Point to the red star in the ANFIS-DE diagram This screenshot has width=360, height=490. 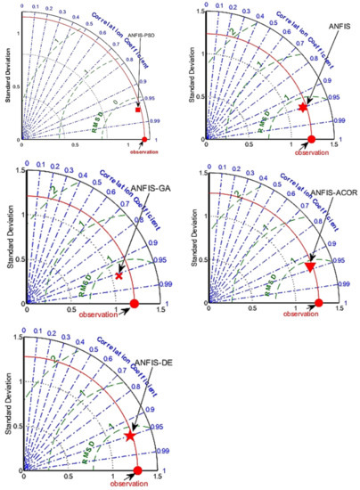[x=130, y=437]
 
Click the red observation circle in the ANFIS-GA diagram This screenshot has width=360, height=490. [x=135, y=304]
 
